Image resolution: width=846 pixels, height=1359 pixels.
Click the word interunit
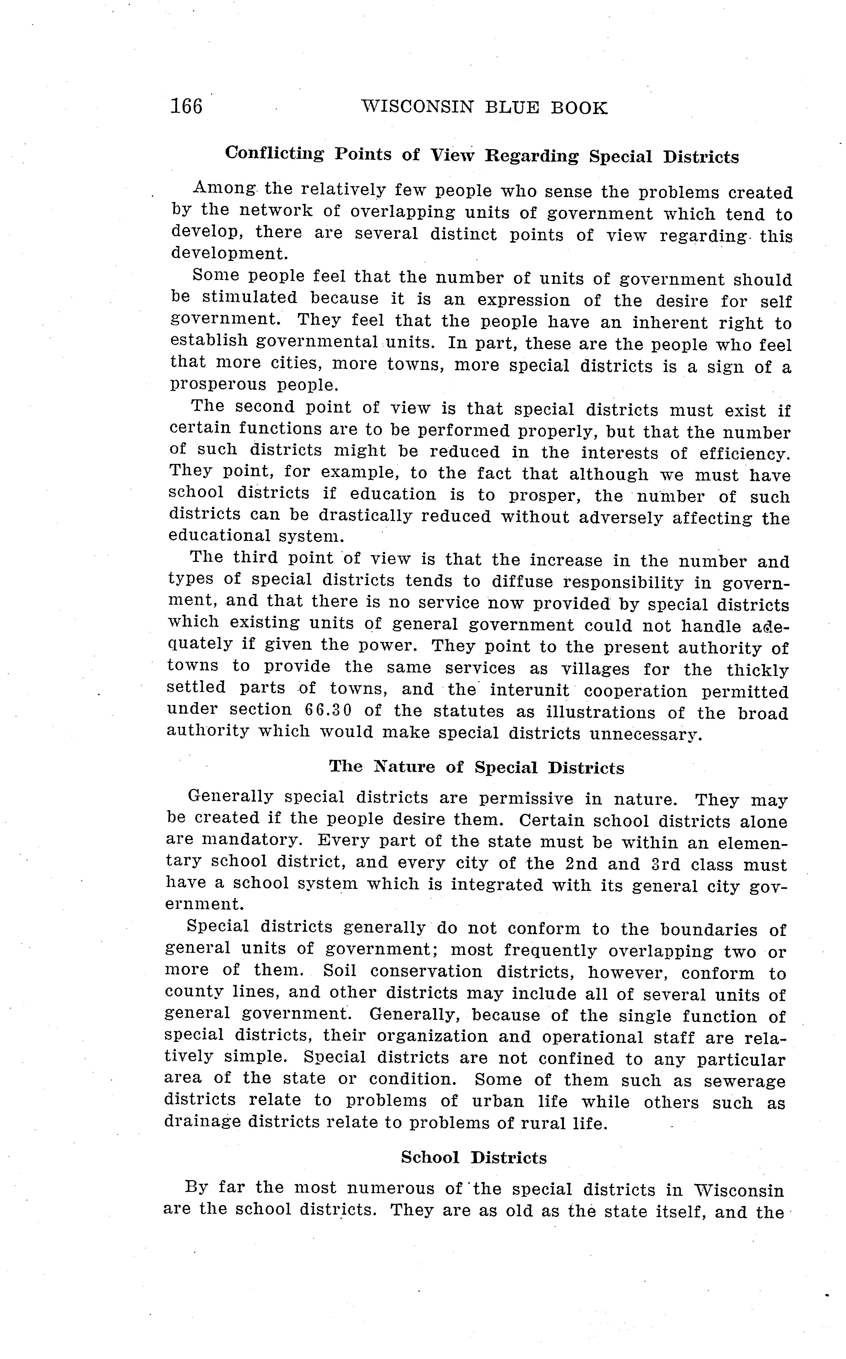[x=529, y=690]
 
